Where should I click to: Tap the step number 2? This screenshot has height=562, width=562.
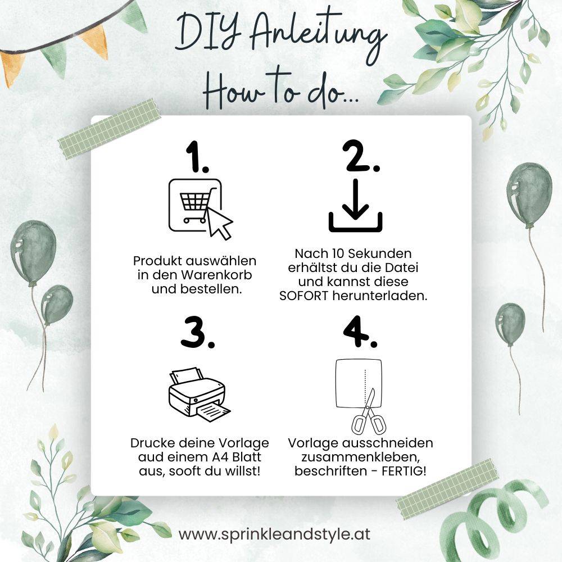click(361, 156)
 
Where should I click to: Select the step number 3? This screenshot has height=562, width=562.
click(197, 332)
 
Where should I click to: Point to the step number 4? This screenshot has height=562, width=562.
click(360, 332)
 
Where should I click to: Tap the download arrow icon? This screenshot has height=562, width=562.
click(356, 205)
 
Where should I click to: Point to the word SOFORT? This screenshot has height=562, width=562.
click(303, 296)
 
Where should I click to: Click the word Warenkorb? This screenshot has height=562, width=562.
click(216, 275)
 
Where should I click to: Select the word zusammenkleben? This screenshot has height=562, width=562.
click(360, 457)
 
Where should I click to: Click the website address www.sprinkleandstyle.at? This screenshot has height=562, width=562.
click(275, 534)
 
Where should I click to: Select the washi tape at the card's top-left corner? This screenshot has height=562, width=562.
click(109, 129)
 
